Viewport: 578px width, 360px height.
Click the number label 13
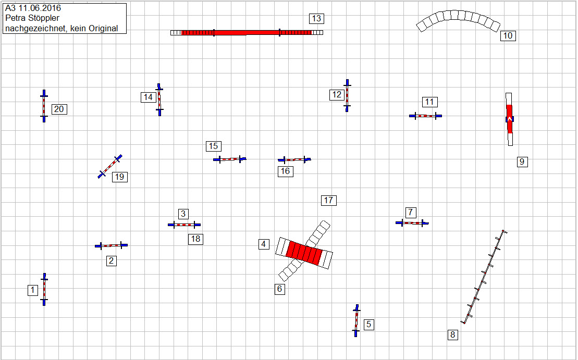click(316, 19)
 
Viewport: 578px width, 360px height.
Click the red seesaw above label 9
click(509, 119)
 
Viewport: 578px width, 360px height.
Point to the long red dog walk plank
click(246, 32)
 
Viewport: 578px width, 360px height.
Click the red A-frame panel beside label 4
click(304, 253)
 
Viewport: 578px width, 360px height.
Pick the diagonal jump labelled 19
click(110, 166)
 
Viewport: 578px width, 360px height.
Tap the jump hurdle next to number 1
click(44, 289)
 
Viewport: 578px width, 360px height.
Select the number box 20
click(59, 109)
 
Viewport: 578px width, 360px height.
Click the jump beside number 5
click(356, 320)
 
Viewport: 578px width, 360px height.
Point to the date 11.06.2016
click(40, 8)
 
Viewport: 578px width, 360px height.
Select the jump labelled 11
click(425, 116)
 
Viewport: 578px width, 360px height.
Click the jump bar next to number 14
click(159, 100)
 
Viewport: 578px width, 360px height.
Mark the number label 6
click(280, 289)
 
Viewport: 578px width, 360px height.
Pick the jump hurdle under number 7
click(412, 223)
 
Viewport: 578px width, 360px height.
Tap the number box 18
click(195, 239)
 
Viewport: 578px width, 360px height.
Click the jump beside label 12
click(347, 95)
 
